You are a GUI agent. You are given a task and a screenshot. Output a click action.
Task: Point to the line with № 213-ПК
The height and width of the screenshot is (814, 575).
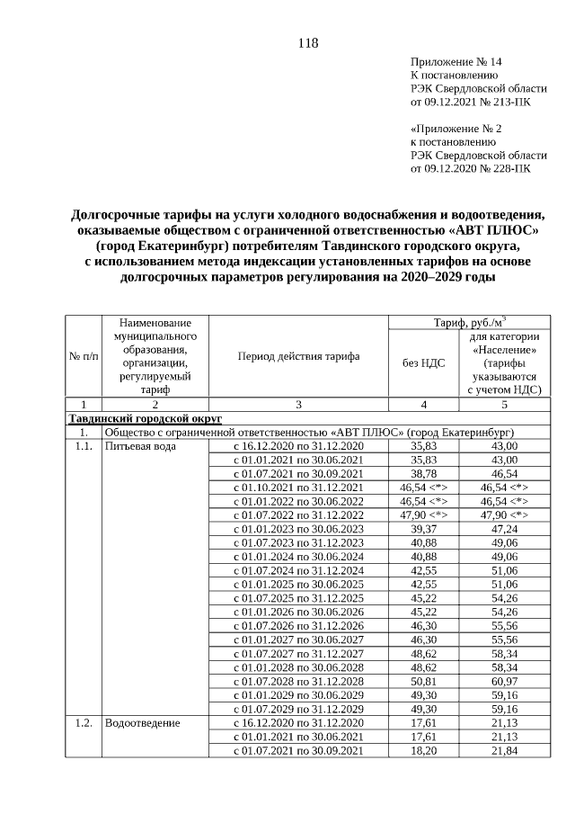point(469,103)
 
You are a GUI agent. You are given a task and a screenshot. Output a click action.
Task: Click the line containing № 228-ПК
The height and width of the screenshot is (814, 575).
point(469,167)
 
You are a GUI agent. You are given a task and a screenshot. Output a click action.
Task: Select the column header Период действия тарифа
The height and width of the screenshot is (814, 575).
point(298,356)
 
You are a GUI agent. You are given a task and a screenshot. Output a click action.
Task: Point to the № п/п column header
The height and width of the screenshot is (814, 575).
point(84,356)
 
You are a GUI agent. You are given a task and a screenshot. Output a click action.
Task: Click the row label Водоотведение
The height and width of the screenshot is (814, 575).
point(142,723)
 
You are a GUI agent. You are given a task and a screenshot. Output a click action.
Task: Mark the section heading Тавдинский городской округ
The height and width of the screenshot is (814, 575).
point(146,418)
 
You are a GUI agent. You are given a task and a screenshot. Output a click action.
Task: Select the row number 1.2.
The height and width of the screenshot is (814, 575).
point(84,723)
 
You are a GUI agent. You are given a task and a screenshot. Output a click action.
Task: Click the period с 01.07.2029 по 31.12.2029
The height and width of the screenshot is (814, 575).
point(298,709)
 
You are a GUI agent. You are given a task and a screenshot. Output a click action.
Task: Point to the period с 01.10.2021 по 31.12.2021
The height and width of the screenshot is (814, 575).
point(298,487)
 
